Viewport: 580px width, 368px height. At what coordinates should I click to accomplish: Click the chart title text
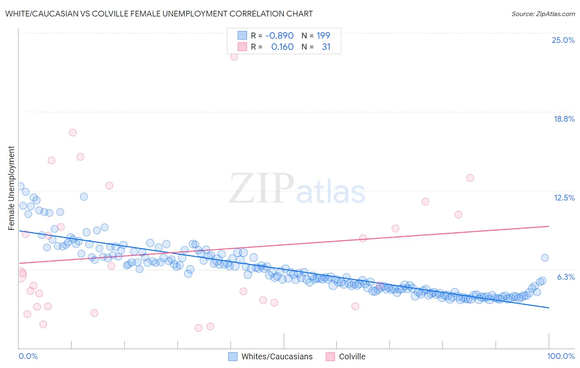point(159,14)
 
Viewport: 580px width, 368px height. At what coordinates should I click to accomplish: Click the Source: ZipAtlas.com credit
point(543,14)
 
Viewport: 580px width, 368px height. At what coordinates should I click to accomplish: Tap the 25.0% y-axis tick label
point(563,40)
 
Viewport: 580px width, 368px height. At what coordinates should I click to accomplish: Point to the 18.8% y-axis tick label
point(564,119)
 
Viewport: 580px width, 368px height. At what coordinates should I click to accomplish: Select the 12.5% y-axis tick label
point(564,198)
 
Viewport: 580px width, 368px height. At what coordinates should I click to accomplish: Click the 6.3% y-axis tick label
point(566,277)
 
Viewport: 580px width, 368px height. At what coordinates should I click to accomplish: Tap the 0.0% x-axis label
point(28,356)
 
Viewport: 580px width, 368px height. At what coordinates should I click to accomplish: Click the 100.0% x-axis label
point(561,356)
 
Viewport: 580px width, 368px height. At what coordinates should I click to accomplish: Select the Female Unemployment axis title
point(11,188)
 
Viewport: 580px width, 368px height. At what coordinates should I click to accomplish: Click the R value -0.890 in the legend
point(279,35)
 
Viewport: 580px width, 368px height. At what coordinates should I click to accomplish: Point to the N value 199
point(323,35)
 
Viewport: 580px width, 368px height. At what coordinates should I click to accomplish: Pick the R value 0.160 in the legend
point(282,47)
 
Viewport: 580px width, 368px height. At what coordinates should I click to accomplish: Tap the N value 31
point(326,47)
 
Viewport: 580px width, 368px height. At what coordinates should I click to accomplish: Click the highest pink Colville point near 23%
point(234,57)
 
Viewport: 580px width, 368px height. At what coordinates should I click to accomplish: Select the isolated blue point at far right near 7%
point(545,258)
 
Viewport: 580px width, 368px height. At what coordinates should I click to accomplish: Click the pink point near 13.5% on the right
point(470,178)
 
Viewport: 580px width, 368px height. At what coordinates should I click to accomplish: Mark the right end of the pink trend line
point(549,226)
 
